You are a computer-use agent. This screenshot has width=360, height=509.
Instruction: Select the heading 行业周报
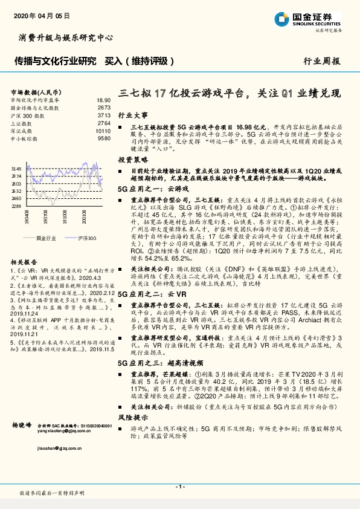click(321, 60)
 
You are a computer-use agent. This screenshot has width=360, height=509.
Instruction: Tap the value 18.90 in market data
click(103, 100)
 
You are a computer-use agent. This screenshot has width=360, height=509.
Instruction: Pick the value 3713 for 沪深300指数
click(103, 115)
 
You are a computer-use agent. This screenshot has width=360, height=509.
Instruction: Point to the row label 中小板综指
click(24, 138)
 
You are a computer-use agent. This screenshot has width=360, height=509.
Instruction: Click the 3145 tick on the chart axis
click(16, 169)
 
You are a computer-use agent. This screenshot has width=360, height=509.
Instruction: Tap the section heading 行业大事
click(132, 114)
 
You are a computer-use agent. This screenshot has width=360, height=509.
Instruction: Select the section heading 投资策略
click(132, 160)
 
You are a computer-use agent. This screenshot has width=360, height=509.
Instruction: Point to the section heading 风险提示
click(132, 417)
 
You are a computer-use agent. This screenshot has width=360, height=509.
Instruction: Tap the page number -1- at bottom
click(179, 486)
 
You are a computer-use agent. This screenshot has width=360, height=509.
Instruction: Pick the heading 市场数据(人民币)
click(35, 91)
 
